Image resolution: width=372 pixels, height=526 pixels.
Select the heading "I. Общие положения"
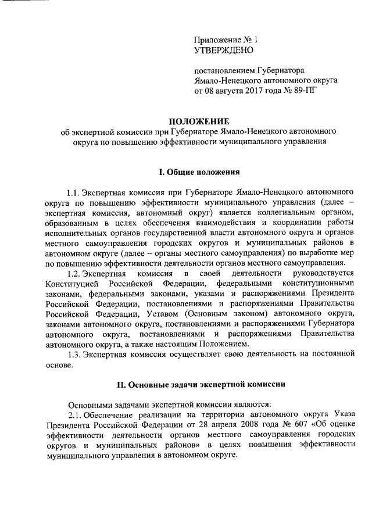(197, 172)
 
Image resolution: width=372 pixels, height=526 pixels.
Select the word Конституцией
(69, 284)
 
